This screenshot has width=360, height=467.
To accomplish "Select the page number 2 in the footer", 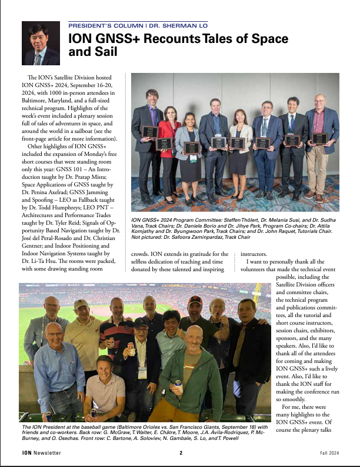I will pos(181,453).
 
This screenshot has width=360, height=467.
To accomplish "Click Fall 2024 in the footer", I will pos(326,453).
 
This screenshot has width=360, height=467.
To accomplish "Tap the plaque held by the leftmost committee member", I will pos(150,131).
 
